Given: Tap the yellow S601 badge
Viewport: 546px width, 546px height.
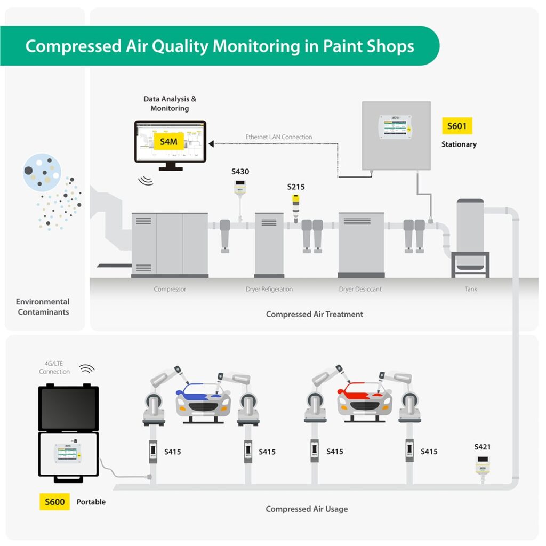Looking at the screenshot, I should coord(457,126).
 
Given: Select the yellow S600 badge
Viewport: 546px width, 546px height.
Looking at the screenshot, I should coord(54,502).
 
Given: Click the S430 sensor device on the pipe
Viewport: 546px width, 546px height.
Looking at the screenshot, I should coord(240,188).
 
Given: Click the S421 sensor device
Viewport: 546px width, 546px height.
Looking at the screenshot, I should coord(483,464).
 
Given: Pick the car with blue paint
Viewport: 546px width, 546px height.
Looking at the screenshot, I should coord(203,400).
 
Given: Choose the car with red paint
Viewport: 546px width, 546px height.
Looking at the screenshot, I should coord(364,400).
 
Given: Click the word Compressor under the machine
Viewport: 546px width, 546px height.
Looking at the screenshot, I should coord(170,289).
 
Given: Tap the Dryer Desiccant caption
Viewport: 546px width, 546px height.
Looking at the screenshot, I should coord(361,289).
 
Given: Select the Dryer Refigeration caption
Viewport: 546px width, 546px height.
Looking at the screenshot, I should coord(269,289).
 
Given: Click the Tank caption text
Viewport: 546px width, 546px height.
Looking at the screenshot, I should coord(470,289).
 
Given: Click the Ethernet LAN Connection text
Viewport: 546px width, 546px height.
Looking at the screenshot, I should coord(279,137).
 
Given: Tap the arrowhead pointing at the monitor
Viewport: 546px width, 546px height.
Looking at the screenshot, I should coord(212,144).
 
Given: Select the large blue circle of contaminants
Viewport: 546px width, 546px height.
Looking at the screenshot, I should coord(42,172).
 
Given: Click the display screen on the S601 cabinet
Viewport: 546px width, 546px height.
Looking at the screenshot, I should coord(396,127).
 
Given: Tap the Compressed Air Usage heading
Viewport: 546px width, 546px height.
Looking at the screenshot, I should coord(307,509).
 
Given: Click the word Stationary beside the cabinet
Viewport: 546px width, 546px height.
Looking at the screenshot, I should coord(459,144).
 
